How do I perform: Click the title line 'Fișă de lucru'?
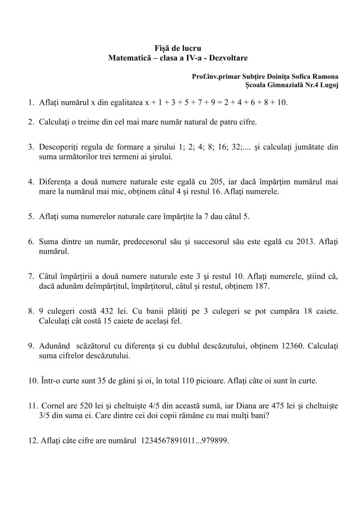tap(180, 48)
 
